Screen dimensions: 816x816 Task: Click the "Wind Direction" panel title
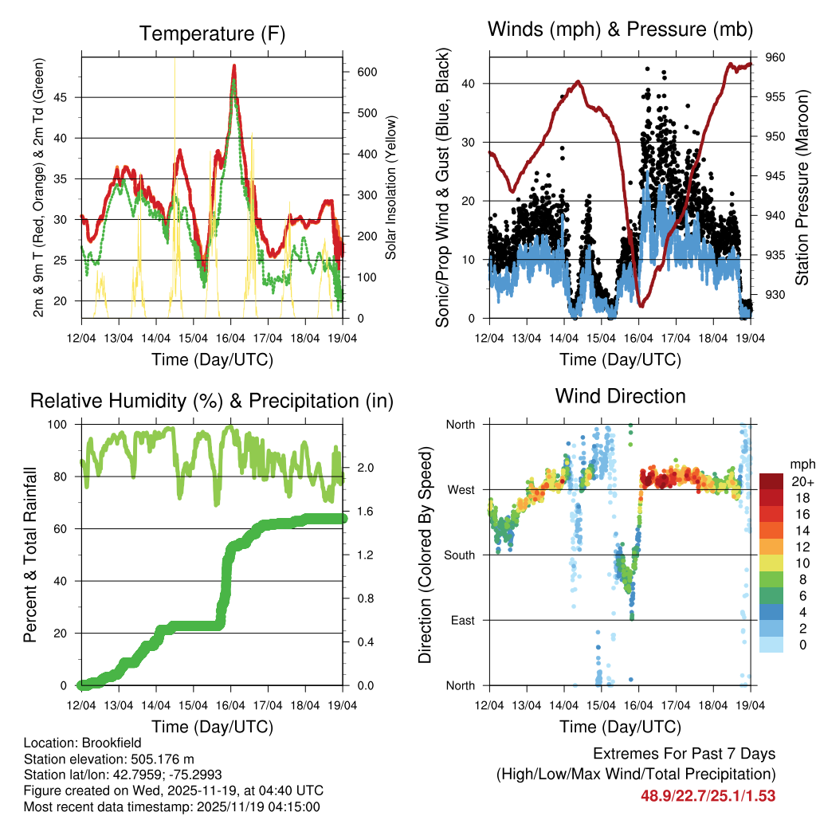pos(620,395)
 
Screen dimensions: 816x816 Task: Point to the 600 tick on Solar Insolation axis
pos(366,72)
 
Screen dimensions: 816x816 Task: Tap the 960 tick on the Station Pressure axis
pos(776,57)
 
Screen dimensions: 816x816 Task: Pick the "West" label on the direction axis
pos(460,489)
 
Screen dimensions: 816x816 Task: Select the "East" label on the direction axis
pos(461,620)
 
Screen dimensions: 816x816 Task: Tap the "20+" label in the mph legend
pos(801,481)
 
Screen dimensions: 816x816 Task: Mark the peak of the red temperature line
pos(233,66)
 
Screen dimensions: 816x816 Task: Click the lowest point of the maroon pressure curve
pos(641,305)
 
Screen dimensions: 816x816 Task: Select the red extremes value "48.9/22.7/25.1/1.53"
pos(708,795)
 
